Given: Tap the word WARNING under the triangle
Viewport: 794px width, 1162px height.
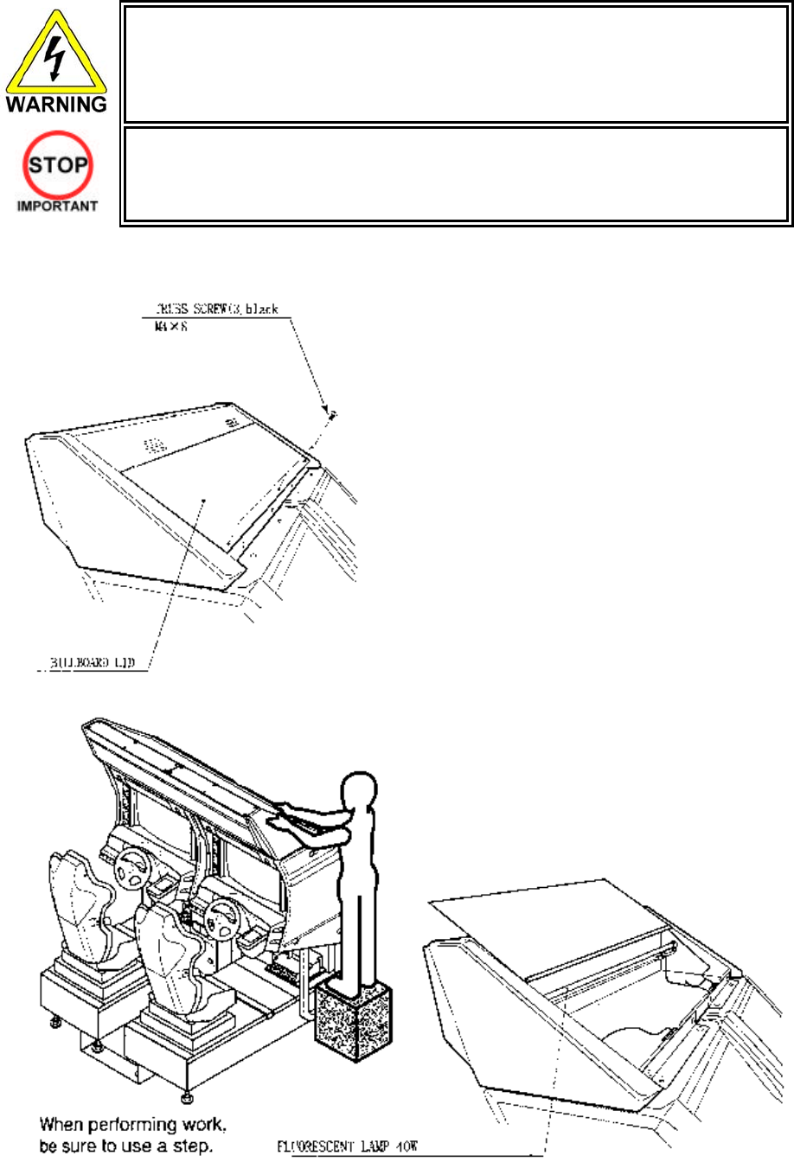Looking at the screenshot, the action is pyautogui.click(x=56, y=105).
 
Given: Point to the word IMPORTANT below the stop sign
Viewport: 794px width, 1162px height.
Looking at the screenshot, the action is pyautogui.click(x=56, y=207).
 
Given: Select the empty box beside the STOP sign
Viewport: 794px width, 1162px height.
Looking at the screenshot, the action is pyautogui.click(x=456, y=175).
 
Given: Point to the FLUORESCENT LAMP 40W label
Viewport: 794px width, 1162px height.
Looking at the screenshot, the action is pyautogui.click(x=348, y=1148).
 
